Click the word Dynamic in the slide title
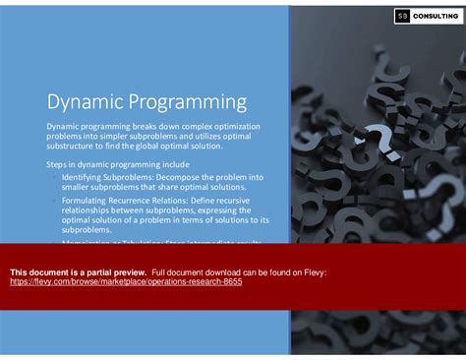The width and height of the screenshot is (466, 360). pyautogui.click(x=83, y=102)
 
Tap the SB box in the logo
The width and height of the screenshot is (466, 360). pyautogui.click(x=402, y=16)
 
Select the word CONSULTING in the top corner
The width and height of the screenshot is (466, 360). pyautogui.click(x=436, y=16)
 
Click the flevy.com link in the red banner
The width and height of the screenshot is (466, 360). pyautogui.click(x=126, y=281)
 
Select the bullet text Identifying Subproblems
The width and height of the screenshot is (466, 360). pyautogui.click(x=106, y=176)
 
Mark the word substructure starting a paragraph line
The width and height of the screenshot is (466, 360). pyautogui.click(x=72, y=146)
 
